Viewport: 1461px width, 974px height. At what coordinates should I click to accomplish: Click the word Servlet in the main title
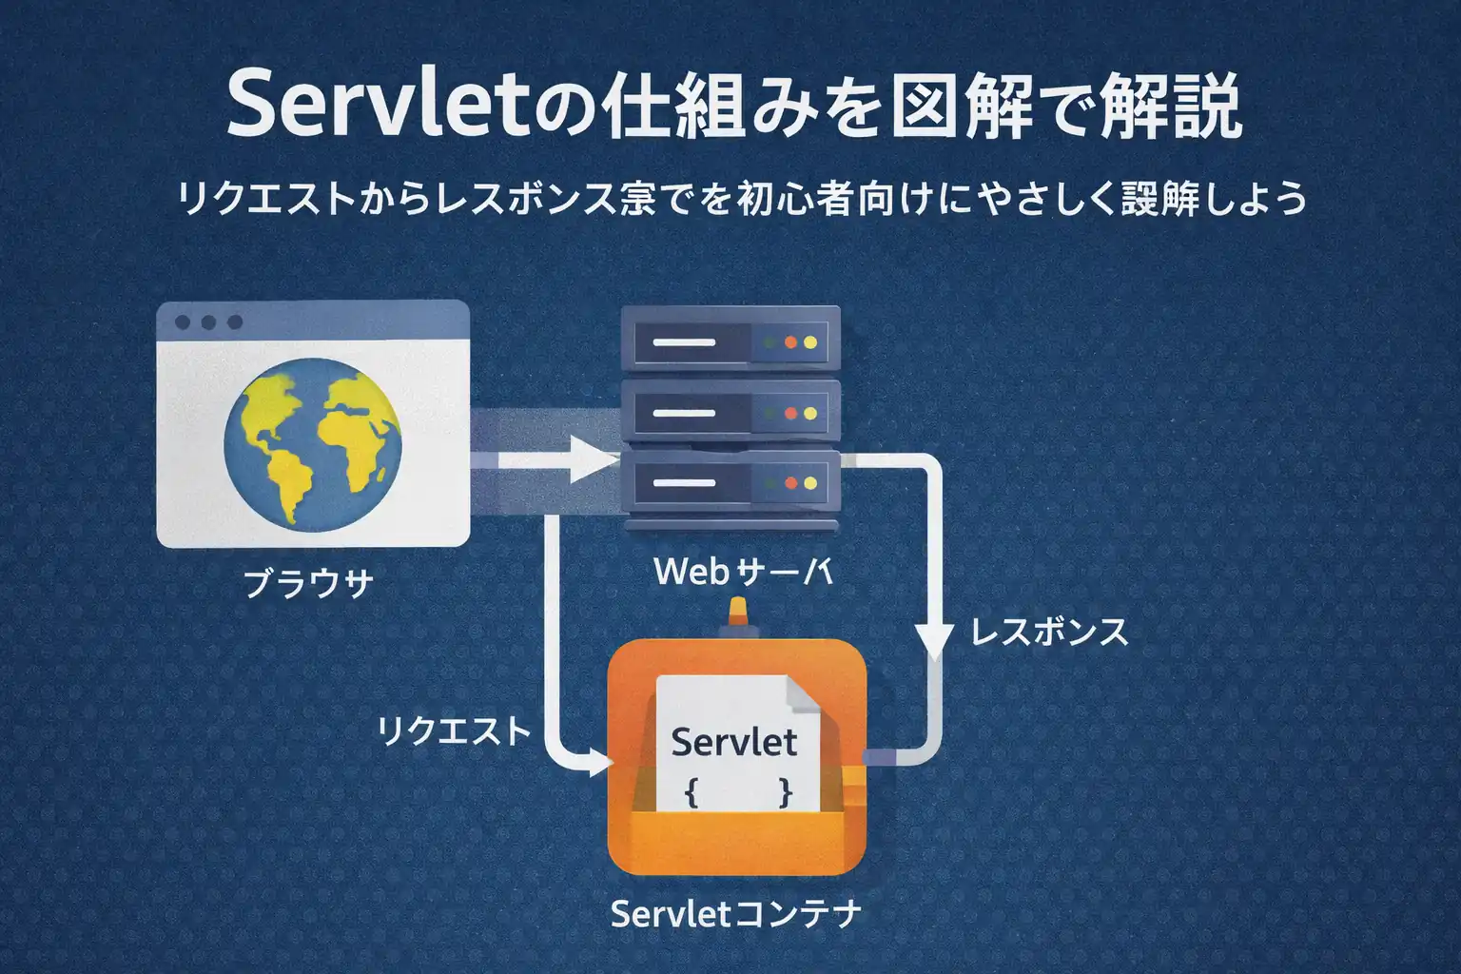point(377,107)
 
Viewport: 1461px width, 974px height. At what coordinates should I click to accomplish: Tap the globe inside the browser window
point(313,439)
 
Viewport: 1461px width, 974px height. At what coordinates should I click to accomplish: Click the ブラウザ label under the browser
point(308,583)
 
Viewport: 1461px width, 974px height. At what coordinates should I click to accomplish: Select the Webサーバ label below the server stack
point(743,572)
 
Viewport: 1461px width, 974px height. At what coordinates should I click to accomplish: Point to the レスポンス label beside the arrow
point(1049,632)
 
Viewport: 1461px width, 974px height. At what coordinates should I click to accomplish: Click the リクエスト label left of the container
point(454,730)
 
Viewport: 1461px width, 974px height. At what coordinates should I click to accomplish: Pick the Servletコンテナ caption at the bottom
point(735,914)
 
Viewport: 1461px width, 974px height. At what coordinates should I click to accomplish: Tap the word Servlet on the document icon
point(733,742)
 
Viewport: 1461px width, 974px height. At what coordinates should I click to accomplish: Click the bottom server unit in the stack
point(730,483)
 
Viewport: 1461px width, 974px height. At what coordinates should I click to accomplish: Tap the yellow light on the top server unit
point(810,341)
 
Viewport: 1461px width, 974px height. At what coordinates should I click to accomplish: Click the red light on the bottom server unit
point(789,483)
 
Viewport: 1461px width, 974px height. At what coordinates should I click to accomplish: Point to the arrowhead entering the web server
point(594,463)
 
